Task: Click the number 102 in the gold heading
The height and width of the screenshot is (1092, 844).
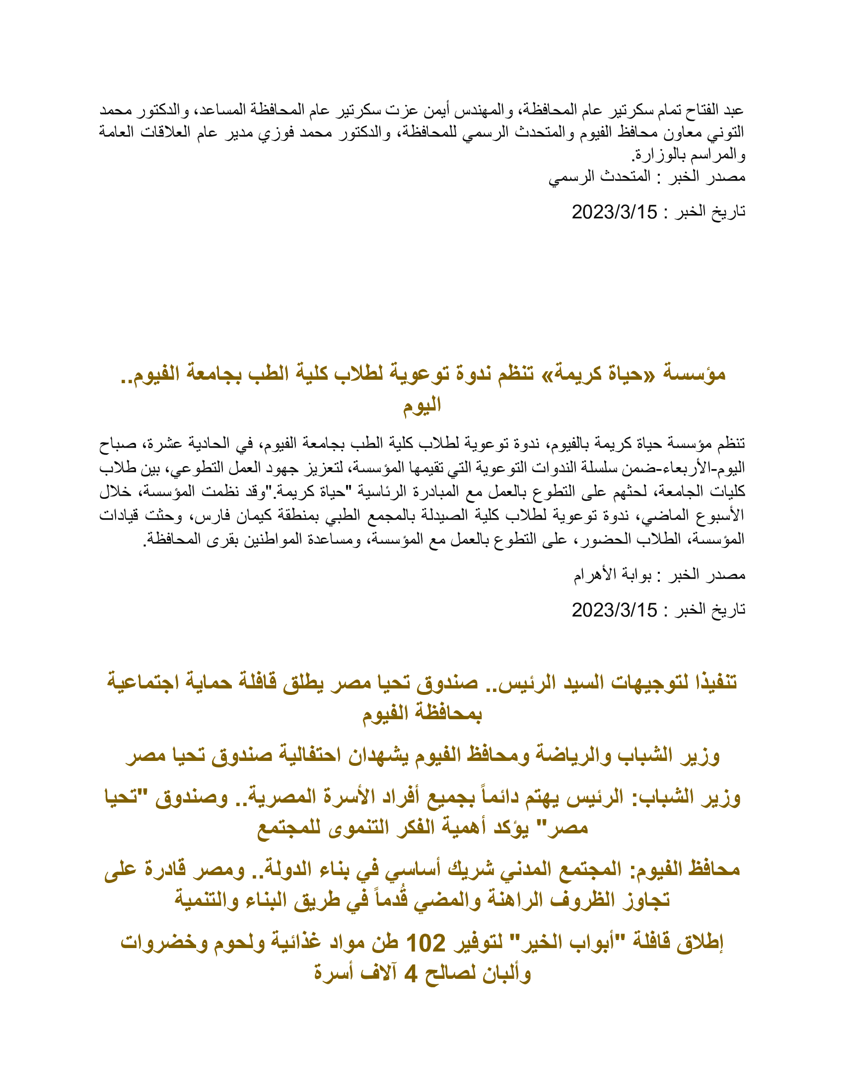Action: pyautogui.click(x=425, y=944)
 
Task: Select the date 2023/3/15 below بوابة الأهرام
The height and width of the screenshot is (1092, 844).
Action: pyautogui.click(x=614, y=610)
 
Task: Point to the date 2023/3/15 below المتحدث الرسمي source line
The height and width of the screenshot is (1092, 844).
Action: pyautogui.click(x=614, y=212)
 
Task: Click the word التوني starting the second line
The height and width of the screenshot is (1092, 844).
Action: pyautogui.click(x=730, y=133)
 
